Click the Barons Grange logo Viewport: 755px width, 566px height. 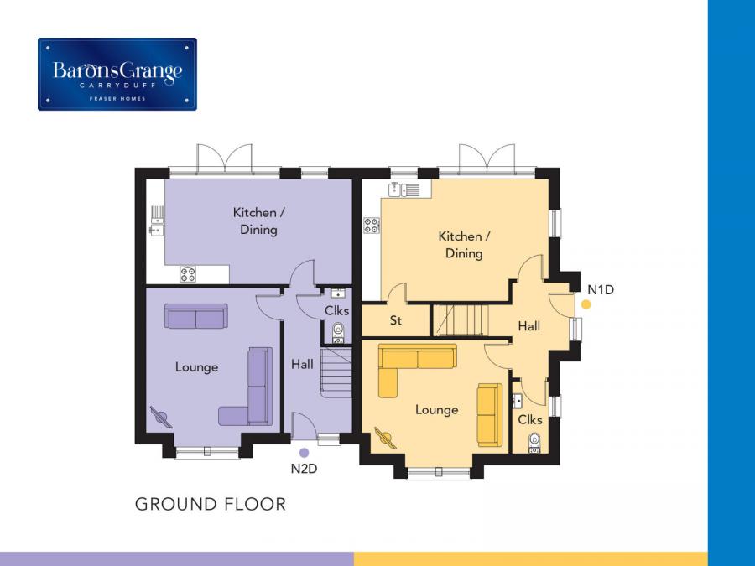pos(117,74)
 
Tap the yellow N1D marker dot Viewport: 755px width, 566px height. pos(586,304)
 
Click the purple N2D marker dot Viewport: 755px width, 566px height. pos(304,453)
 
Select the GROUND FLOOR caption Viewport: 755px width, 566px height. pos(211,504)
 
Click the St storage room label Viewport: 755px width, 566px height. pos(396,320)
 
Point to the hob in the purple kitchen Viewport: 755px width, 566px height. pos(188,274)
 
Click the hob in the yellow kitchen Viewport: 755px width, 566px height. pos(372,226)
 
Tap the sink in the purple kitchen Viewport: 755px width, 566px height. pos(157,221)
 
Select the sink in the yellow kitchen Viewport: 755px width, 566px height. pos(404,190)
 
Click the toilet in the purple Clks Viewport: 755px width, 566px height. pos(339,333)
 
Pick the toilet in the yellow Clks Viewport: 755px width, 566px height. pos(534,442)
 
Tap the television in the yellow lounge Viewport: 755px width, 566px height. pos(386,438)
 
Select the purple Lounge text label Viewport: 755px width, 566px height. pos(196,367)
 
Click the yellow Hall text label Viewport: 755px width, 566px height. pos(528,326)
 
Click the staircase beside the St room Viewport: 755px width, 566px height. pos(461,320)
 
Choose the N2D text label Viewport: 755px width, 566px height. pos(304,468)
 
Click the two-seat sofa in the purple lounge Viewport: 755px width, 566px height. pos(196,316)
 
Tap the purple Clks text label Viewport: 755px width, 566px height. pos(336,310)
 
